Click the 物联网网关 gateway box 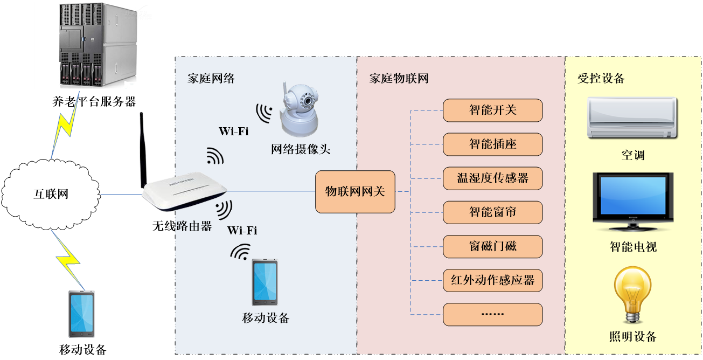pos(355,191)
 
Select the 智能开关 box pos(492,110)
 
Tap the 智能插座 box pos(492,144)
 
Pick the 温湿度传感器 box pos(492,178)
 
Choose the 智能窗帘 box pos(492,212)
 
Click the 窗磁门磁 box pos(492,247)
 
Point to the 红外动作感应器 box pos(492,281)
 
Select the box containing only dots pos(492,314)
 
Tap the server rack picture pos(94,45)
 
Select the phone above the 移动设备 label pos(265,282)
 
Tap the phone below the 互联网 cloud pos(82,314)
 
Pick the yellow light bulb pos(632,294)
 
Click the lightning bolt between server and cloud pos(65,125)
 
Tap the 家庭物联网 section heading pos(399,79)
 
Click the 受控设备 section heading pos(601,79)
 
